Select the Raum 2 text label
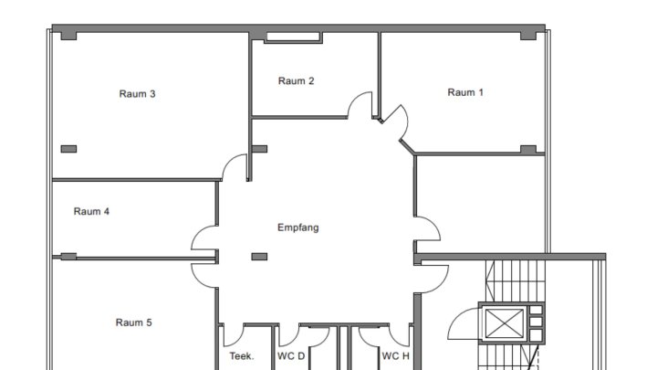point(296,81)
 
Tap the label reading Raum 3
point(137,93)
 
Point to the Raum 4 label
point(91,212)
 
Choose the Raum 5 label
point(133,322)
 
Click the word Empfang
point(297,227)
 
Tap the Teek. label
point(241,356)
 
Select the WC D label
point(291,356)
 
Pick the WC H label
point(396,356)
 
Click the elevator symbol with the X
point(503,323)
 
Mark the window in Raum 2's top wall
point(293,37)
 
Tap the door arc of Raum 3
point(235,166)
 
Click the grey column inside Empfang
point(259,257)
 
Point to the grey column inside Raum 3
point(68,149)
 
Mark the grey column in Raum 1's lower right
point(527,149)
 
